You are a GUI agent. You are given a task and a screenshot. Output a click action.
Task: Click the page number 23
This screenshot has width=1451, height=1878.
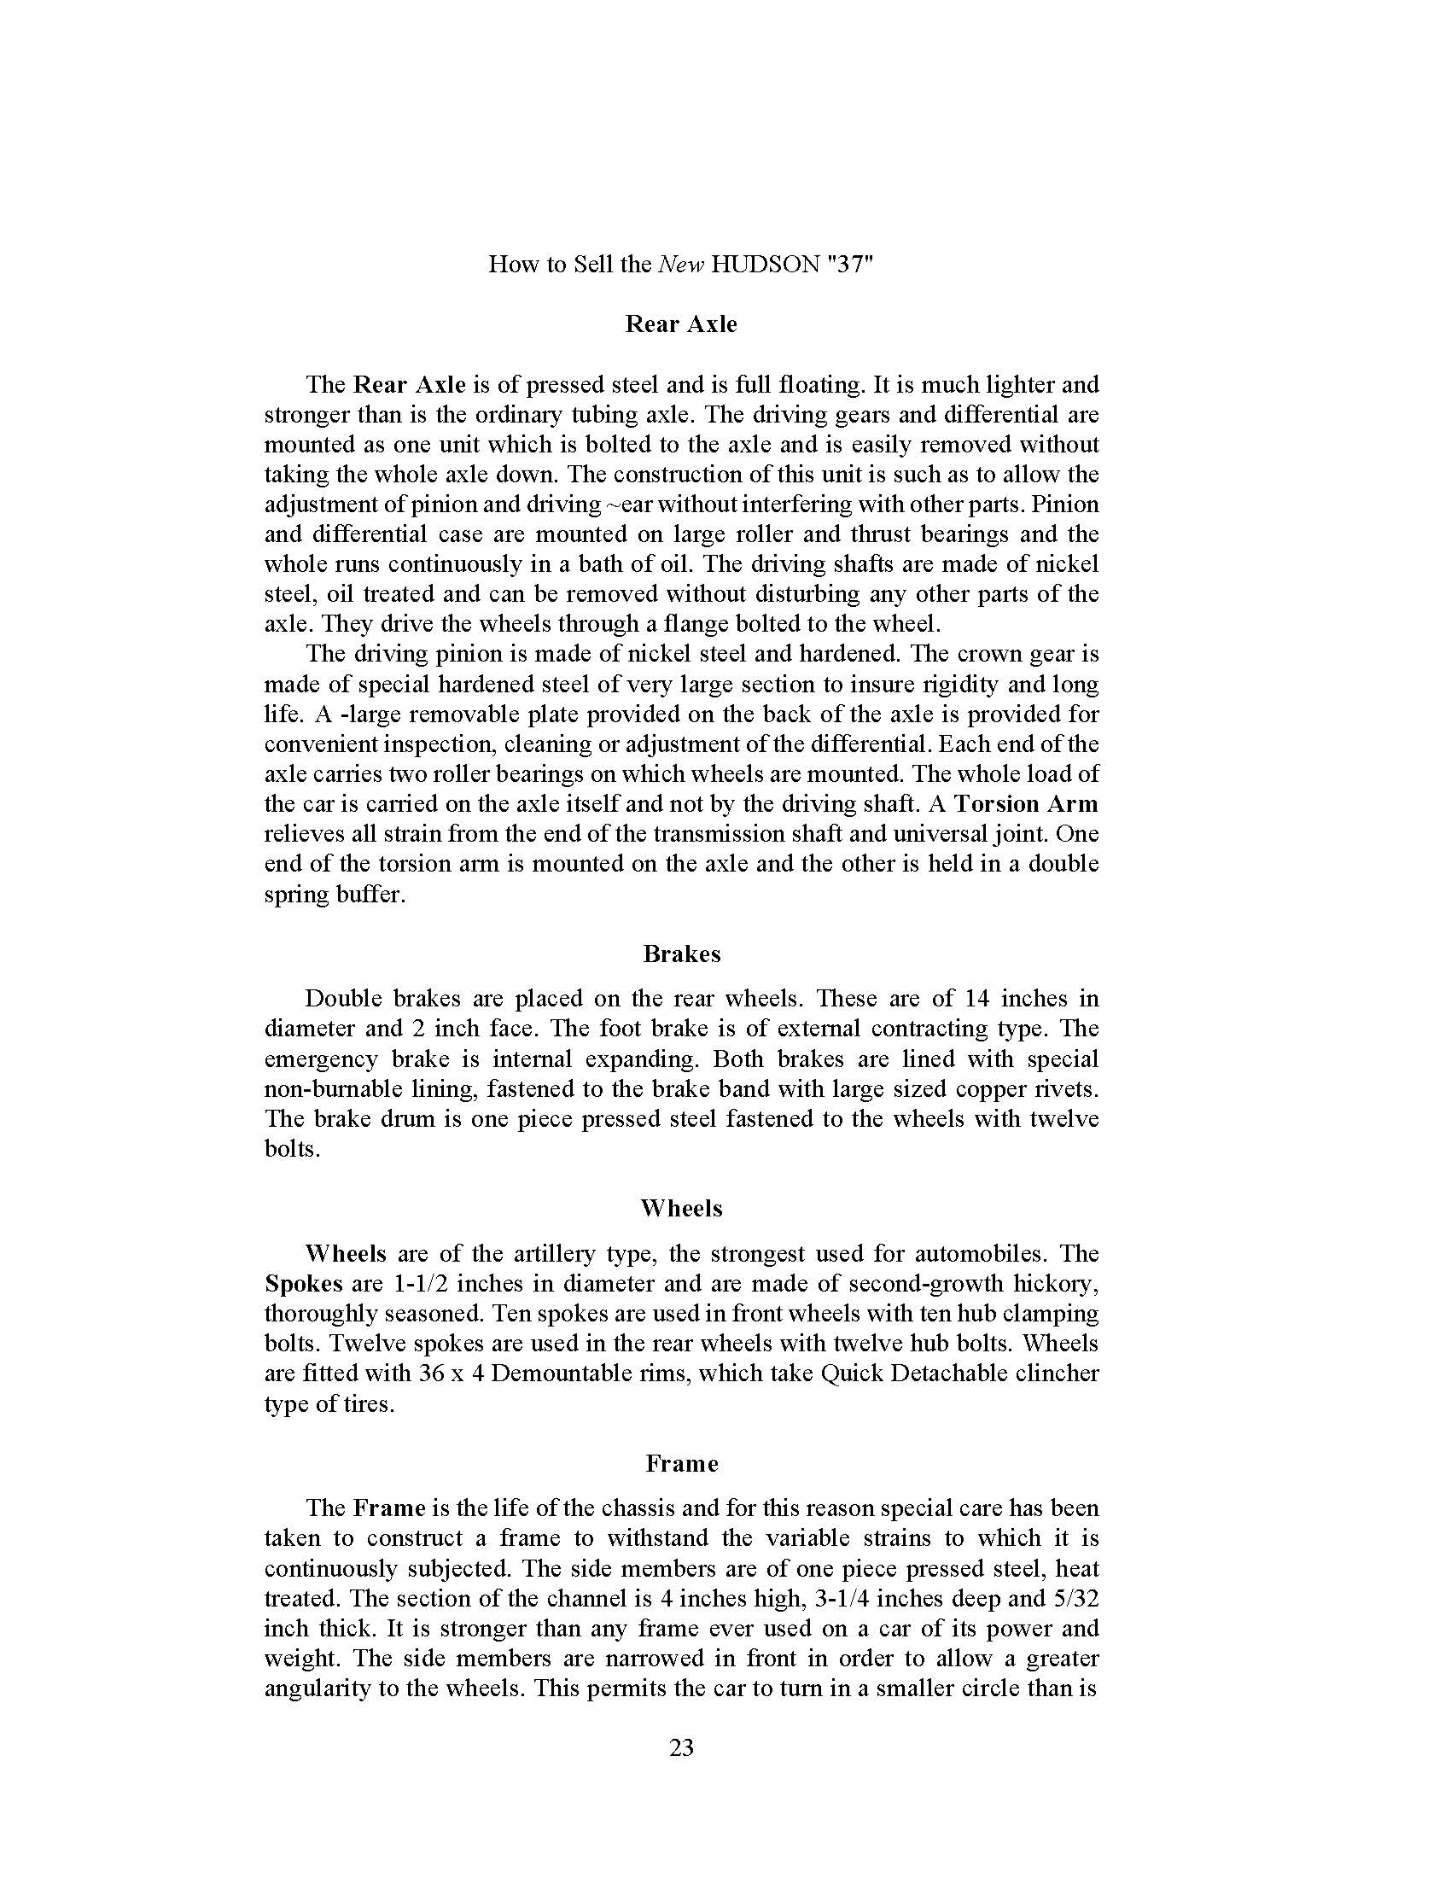681,1748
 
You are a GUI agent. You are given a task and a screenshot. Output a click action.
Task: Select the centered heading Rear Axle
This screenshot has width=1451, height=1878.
681,324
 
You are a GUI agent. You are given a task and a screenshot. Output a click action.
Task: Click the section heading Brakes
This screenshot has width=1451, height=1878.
681,954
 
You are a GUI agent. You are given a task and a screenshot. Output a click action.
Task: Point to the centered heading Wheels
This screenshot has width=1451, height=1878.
681,1208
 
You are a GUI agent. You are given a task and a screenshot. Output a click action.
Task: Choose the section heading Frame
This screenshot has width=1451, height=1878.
681,1462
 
